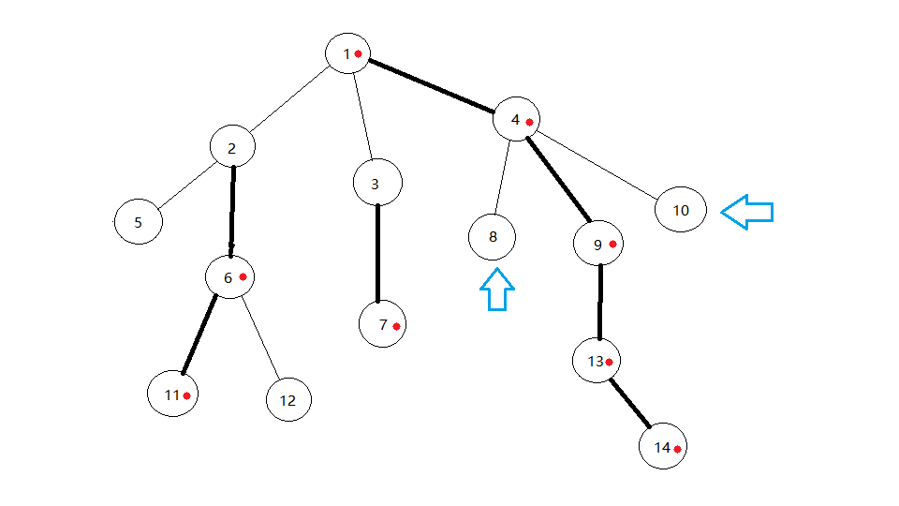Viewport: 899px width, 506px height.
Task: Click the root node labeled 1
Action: click(x=349, y=53)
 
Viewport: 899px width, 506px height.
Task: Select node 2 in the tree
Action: click(x=233, y=148)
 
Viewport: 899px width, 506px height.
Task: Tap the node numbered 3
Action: click(x=377, y=184)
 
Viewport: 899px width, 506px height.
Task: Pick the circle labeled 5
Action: click(x=139, y=223)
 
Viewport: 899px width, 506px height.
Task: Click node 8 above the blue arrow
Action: click(x=493, y=237)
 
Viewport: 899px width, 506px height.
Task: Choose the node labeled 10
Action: click(x=681, y=210)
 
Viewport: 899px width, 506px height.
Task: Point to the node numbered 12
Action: click(x=288, y=400)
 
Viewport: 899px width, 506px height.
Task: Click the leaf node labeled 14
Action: click(x=663, y=448)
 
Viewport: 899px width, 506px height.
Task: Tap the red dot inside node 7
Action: click(x=397, y=326)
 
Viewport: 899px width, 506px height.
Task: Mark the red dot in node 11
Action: click(x=187, y=395)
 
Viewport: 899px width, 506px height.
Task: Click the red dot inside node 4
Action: click(x=529, y=122)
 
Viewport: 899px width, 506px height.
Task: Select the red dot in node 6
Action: click(x=243, y=276)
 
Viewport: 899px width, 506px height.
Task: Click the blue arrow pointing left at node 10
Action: click(x=747, y=212)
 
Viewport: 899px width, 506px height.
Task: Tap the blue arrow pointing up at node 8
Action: click(x=497, y=290)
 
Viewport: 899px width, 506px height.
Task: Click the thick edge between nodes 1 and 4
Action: click(x=432, y=86)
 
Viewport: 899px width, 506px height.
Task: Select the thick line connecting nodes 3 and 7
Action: click(x=377, y=253)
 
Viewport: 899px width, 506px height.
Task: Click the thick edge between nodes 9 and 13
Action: click(x=599, y=303)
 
